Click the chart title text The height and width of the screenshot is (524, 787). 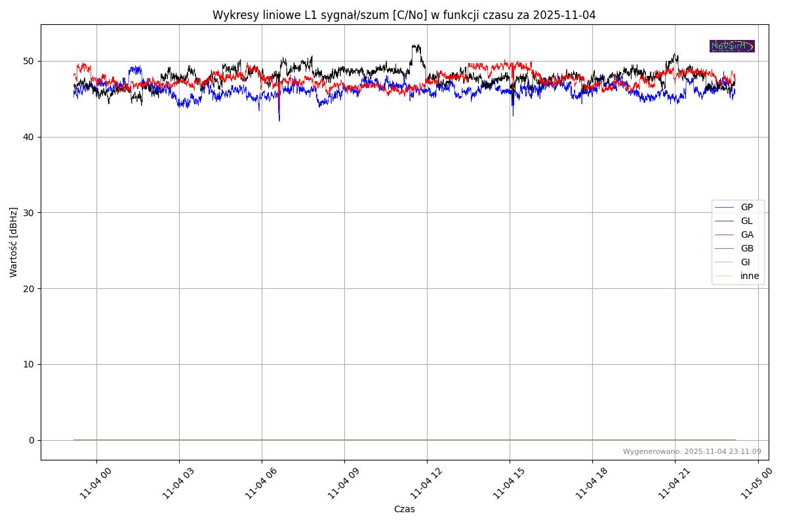[404, 15]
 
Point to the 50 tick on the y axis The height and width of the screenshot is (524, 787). [29, 61]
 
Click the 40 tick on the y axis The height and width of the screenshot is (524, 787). [29, 137]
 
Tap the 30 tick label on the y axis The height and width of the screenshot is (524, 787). [29, 213]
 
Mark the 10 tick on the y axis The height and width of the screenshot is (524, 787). [29, 364]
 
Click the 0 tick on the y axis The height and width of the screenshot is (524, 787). [31, 440]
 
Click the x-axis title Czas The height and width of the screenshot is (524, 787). [404, 509]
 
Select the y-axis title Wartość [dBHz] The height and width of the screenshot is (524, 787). [14, 242]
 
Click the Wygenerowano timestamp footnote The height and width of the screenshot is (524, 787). [692, 451]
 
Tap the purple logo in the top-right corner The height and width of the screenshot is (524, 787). [732, 46]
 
